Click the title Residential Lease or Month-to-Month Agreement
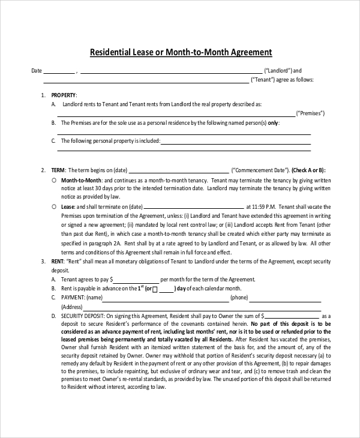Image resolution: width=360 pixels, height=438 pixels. pos(181,52)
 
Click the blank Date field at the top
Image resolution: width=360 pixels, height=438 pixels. pos(59,71)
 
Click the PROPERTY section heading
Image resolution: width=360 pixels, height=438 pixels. pos(64,95)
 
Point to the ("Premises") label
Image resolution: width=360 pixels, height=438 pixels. pos(311,113)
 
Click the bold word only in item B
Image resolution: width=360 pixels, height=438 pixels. pos(273,122)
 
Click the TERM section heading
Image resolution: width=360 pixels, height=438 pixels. pos(58,170)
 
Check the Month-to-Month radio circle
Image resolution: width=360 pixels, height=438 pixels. pos(54,179)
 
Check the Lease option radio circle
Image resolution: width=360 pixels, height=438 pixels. pos(54,206)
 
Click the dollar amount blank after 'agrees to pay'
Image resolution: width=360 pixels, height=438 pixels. pos(137,280)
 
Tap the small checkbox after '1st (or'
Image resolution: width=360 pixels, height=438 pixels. pos(155,289)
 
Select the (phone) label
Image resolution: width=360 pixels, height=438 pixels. pos(239,298)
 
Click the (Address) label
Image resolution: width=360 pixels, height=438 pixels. pos(72,307)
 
